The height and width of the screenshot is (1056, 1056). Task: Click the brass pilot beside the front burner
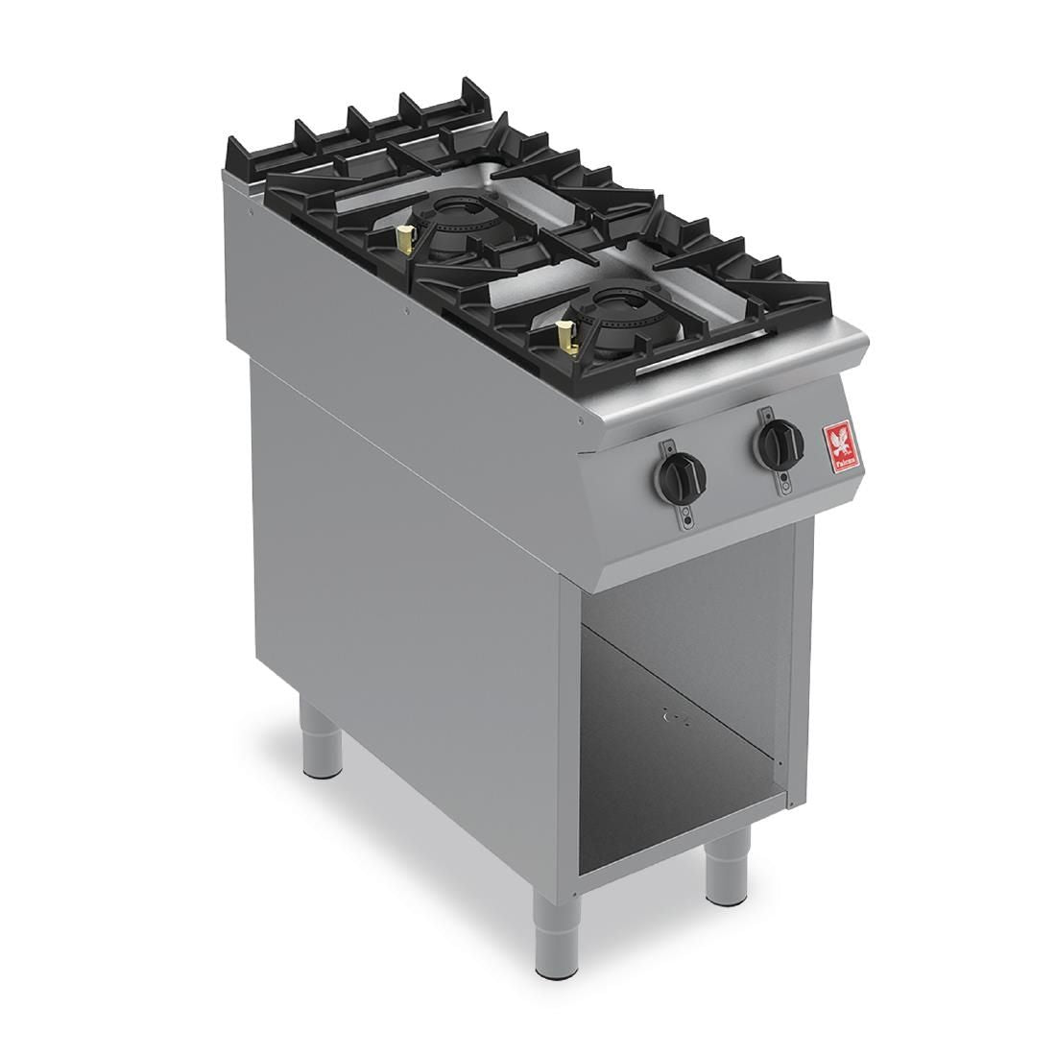coord(566,337)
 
